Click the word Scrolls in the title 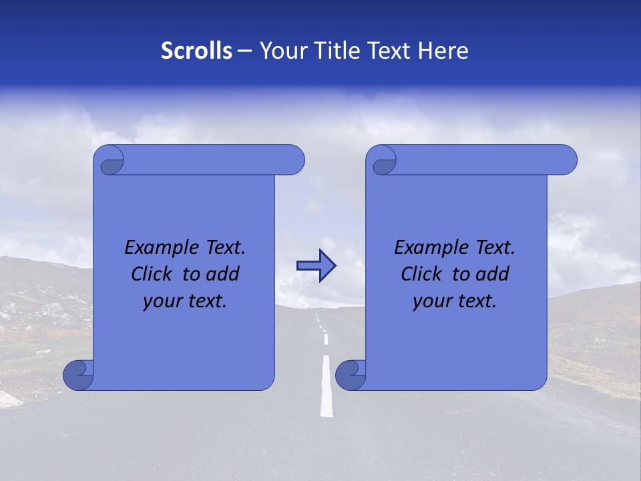(196, 51)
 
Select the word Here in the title (443, 51)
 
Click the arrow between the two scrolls (316, 266)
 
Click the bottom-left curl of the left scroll (77, 375)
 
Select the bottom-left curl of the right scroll (350, 375)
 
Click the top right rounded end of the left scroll (294, 160)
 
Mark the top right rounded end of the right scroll (567, 160)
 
